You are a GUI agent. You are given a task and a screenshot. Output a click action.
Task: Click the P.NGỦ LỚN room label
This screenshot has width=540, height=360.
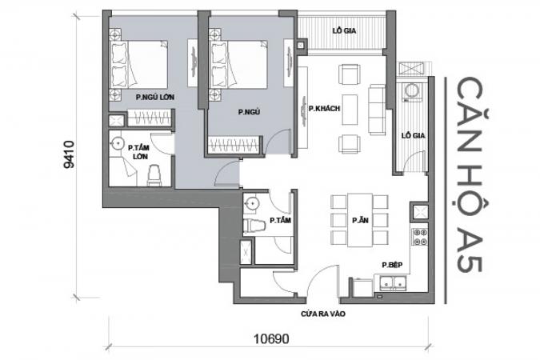[x=154, y=97]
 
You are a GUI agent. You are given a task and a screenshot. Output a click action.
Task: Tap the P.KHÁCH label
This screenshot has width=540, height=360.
[x=324, y=109]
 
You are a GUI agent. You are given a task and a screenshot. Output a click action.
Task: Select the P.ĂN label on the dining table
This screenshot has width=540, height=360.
[x=360, y=220]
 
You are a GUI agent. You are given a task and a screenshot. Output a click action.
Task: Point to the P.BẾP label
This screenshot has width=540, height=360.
[x=392, y=265]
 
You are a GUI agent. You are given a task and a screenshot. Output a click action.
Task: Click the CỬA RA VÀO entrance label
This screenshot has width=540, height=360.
[x=323, y=314]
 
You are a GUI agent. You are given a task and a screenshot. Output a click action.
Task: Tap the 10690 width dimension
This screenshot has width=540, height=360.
[x=271, y=339]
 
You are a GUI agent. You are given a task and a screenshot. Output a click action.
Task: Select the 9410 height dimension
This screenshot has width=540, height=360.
[x=69, y=154]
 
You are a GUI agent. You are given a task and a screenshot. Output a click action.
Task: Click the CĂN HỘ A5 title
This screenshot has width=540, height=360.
[x=469, y=174]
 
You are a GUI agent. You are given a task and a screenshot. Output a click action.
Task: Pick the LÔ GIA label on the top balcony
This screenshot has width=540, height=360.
[x=344, y=30]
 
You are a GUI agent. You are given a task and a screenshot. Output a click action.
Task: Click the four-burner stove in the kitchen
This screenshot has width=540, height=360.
[x=420, y=237]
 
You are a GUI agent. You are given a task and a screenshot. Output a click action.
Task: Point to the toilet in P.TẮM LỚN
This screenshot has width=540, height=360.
[x=154, y=175]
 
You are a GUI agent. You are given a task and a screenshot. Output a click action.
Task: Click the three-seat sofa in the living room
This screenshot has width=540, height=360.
[x=377, y=110]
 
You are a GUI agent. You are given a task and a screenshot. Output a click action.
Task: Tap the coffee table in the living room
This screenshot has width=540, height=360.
[x=350, y=110]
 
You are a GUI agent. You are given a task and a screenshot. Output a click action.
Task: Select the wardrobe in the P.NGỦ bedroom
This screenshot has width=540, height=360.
[x=234, y=144]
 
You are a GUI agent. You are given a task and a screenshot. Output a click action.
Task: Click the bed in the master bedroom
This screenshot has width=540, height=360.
[x=138, y=65]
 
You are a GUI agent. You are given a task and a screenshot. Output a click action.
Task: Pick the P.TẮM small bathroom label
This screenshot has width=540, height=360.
[x=280, y=220]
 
